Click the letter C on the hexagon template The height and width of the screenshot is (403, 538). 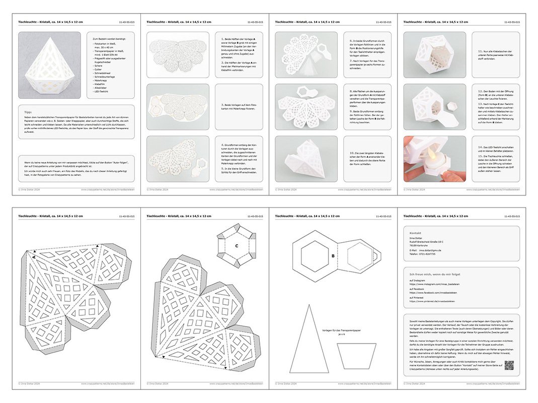237,246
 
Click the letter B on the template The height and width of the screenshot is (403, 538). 333,255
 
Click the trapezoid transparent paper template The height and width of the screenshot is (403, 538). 356,356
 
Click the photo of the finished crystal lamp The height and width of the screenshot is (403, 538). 49,65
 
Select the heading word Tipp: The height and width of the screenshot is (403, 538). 29,112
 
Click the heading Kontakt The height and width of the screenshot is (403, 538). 415,234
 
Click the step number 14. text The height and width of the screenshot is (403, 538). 480,147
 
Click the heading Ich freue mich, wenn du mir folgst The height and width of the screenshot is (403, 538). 435,274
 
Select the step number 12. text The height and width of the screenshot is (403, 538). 480,92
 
